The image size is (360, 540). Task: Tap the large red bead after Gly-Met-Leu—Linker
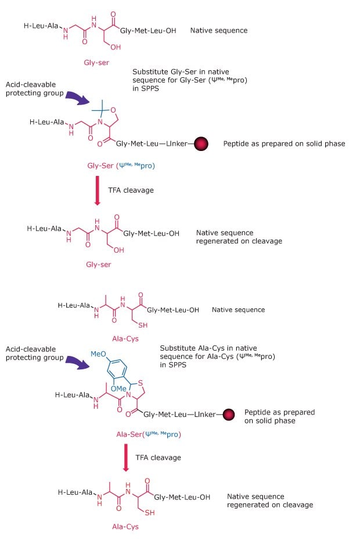(203, 143)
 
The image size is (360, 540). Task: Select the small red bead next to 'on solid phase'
(229, 414)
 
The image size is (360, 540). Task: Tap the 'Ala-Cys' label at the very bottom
(125, 527)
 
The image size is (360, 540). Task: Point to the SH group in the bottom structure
(149, 513)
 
